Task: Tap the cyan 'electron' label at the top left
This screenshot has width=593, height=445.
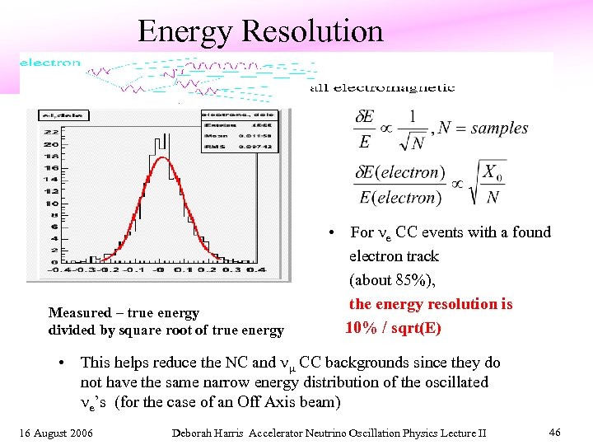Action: (50, 63)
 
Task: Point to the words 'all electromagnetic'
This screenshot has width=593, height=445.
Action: (382, 87)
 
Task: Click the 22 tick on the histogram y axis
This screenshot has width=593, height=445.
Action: (52, 130)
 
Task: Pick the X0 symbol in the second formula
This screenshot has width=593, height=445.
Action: (491, 173)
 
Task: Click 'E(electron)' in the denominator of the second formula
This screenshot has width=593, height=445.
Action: (397, 197)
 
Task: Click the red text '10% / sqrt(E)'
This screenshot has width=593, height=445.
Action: (393, 328)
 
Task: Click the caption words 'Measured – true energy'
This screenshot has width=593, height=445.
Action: (124, 312)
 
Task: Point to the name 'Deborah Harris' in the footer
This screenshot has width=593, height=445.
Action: (207, 432)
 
